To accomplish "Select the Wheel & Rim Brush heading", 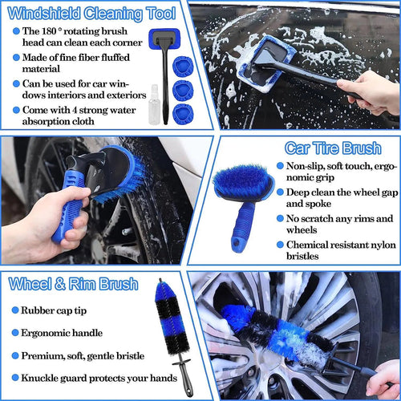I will (x=73, y=285).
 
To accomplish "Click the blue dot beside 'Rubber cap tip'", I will (x=15, y=310).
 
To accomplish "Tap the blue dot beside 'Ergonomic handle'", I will (x=15, y=331).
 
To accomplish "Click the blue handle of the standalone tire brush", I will (x=241, y=229).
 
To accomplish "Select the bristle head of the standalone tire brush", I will (x=241, y=182).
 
